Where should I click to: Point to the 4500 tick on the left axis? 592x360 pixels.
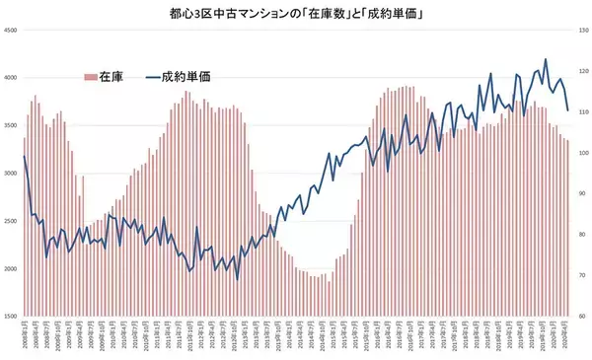[x=12, y=32]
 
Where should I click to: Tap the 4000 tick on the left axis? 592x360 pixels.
[x=12, y=79]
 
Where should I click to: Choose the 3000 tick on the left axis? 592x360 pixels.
[x=12, y=174]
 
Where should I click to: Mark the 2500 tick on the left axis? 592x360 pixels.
[x=12, y=221]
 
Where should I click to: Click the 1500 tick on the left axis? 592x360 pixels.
[x=12, y=316]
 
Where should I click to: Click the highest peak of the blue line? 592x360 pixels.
[x=546, y=59]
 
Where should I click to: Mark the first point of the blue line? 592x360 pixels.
[x=24, y=156]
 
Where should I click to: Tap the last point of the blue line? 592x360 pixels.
[x=567, y=109]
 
